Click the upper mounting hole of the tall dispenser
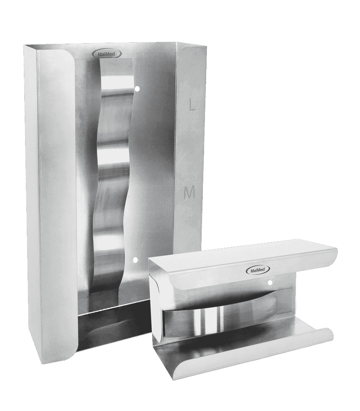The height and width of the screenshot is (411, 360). point(137,88)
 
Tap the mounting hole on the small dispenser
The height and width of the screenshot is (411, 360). point(270,282)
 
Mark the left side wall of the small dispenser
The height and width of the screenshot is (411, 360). point(154,312)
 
